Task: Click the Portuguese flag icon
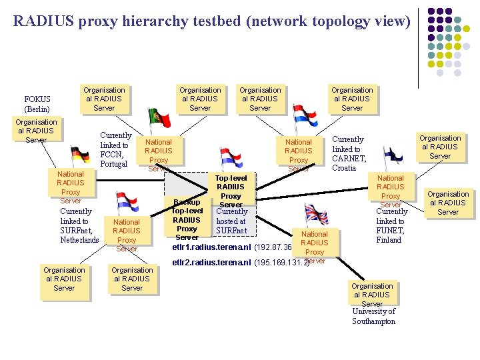click(x=159, y=120)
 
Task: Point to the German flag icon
click(x=80, y=157)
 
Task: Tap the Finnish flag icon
click(x=391, y=157)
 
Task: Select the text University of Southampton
click(x=373, y=316)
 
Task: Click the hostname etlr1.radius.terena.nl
click(x=211, y=247)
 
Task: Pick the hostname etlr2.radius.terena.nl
click(x=211, y=262)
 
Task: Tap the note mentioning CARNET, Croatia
click(x=349, y=154)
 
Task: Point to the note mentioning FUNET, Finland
click(x=391, y=225)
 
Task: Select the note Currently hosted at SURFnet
click(x=231, y=221)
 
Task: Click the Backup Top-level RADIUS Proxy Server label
click(x=187, y=219)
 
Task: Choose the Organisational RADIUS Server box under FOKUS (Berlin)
click(x=36, y=131)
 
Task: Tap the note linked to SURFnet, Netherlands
click(x=79, y=225)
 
